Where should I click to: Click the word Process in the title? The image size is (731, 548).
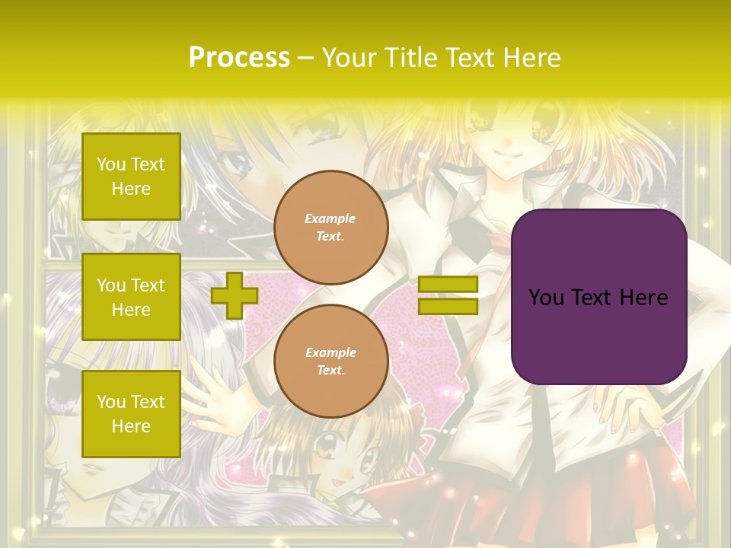pyautogui.click(x=239, y=58)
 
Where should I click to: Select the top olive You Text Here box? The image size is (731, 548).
pyautogui.click(x=131, y=177)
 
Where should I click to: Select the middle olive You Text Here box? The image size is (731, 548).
pyautogui.click(x=131, y=297)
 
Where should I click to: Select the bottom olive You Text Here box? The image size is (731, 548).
pyautogui.click(x=131, y=414)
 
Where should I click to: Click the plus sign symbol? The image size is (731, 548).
pyautogui.click(x=235, y=295)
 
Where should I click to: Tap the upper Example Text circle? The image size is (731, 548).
pyautogui.click(x=330, y=228)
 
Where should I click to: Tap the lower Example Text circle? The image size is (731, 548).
pyautogui.click(x=330, y=362)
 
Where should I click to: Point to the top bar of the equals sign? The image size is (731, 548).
pyautogui.click(x=448, y=285)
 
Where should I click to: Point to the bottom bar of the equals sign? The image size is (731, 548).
pyautogui.click(x=448, y=306)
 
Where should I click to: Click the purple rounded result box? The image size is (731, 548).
pyautogui.click(x=599, y=335)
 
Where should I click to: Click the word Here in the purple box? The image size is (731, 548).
pyautogui.click(x=643, y=298)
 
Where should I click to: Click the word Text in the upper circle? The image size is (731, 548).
pyautogui.click(x=330, y=236)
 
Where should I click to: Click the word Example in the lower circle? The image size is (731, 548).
pyautogui.click(x=330, y=352)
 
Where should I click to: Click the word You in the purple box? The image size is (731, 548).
pyautogui.click(x=546, y=298)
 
